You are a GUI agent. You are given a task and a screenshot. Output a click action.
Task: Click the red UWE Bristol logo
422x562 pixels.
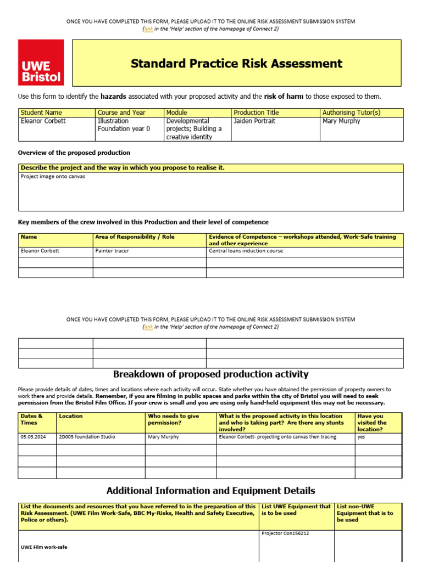[41, 63]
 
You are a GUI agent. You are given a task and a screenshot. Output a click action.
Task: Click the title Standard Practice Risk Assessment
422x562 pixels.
[236, 64]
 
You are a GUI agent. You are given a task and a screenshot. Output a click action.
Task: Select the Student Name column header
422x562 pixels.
[41, 113]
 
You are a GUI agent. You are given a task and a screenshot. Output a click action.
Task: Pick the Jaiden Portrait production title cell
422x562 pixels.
[254, 121]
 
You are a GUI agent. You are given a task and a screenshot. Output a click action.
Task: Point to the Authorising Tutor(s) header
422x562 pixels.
[351, 113]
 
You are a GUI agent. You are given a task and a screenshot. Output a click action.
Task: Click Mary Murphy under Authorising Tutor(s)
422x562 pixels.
[341, 121]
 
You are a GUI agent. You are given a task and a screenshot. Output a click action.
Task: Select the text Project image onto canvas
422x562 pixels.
[53, 177]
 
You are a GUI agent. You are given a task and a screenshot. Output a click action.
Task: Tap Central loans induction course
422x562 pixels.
[246, 251]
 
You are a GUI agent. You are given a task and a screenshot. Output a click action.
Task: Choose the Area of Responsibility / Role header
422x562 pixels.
[132, 237]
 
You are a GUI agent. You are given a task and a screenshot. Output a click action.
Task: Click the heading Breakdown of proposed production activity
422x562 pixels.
[210, 374]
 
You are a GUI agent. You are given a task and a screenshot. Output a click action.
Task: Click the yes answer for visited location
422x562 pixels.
[362, 437]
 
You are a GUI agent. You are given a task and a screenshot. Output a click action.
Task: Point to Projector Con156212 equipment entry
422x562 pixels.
[285, 533]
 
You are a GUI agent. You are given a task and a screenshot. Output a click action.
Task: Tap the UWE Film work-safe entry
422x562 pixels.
[44, 547]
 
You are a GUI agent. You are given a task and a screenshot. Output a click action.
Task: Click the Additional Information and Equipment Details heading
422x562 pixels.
[210, 491]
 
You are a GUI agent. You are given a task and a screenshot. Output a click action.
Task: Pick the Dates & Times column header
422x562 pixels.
[31, 419]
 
